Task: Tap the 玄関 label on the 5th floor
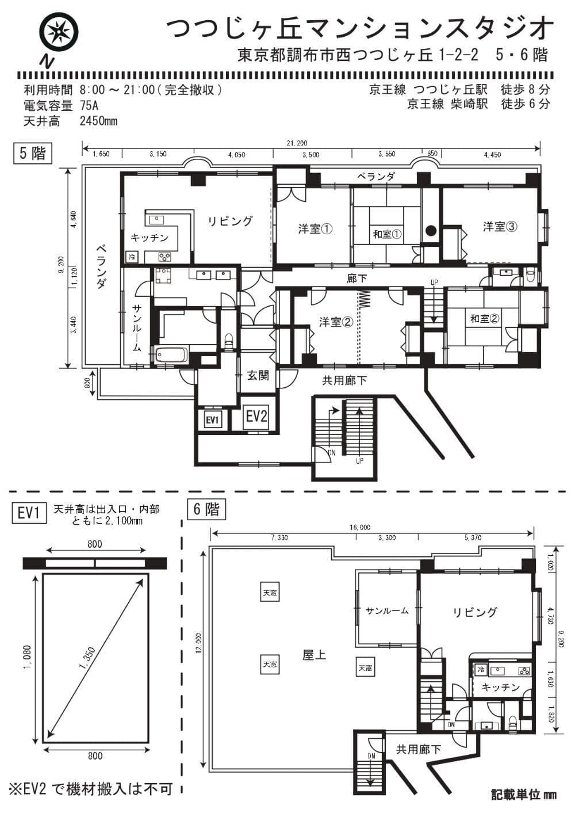tap(258, 375)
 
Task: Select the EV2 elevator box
tap(257, 417)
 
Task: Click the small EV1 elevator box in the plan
tap(212, 420)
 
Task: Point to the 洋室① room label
tap(316, 230)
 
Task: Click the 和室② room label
tap(485, 319)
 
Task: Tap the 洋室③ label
tap(500, 227)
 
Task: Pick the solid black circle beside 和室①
tap(431, 230)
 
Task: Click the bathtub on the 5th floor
tap(171, 356)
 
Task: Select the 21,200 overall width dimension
tap(297, 143)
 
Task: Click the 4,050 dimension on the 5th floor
tap(236, 155)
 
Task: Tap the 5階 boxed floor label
tap(33, 153)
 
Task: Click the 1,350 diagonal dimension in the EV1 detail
tap(87, 658)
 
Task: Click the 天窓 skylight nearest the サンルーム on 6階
tap(365, 667)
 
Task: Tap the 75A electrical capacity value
tap(89, 105)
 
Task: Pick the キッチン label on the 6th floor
tap(501, 687)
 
